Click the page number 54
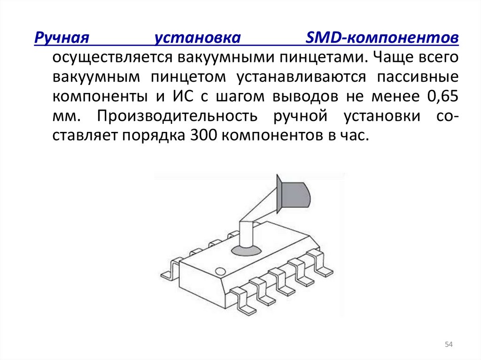pos(448,345)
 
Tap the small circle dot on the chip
pos(220,271)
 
